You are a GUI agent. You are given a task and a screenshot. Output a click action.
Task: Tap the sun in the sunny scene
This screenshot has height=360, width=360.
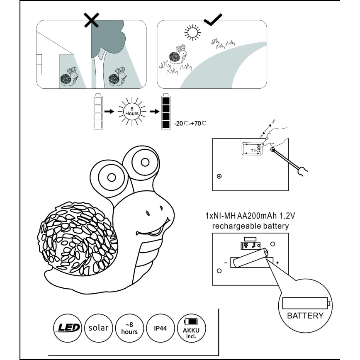tap(192, 32)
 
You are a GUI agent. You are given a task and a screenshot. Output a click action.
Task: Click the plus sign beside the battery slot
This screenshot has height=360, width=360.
tap(277, 263)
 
